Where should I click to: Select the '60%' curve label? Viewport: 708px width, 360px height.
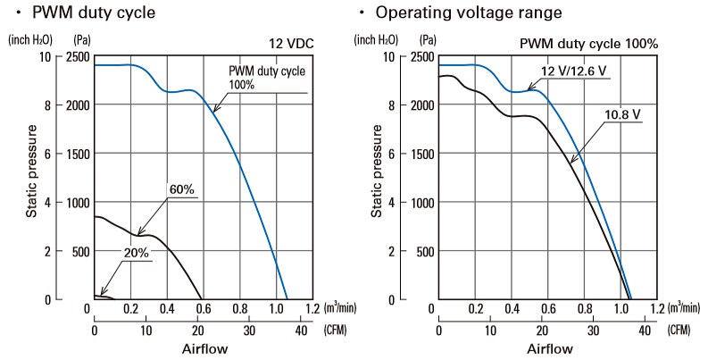(181, 189)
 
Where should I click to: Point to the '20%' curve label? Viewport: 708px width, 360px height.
(137, 253)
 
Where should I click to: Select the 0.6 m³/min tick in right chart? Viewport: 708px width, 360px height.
(548, 309)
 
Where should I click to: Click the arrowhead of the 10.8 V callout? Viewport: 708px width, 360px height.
(571, 162)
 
